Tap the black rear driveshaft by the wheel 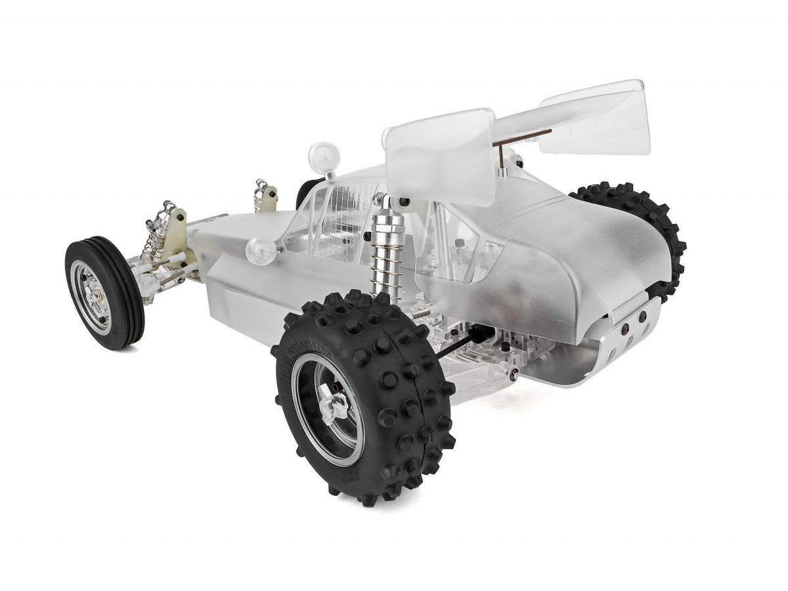click(460, 344)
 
